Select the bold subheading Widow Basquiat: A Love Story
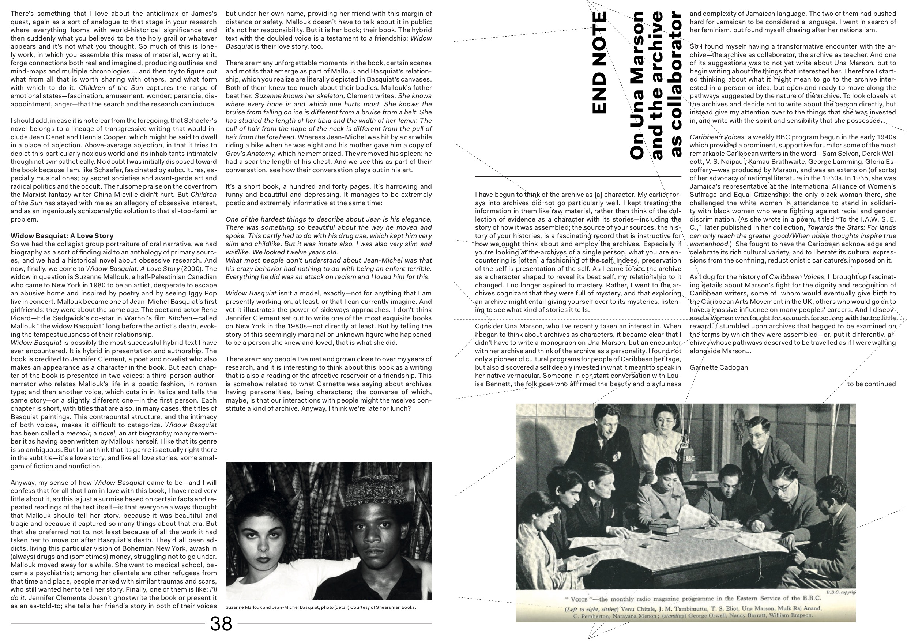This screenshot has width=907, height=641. point(62,236)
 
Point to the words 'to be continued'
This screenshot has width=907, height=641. point(872,384)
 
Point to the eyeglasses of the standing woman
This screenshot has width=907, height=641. point(665,424)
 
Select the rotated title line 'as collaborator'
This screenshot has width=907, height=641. point(676,84)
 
